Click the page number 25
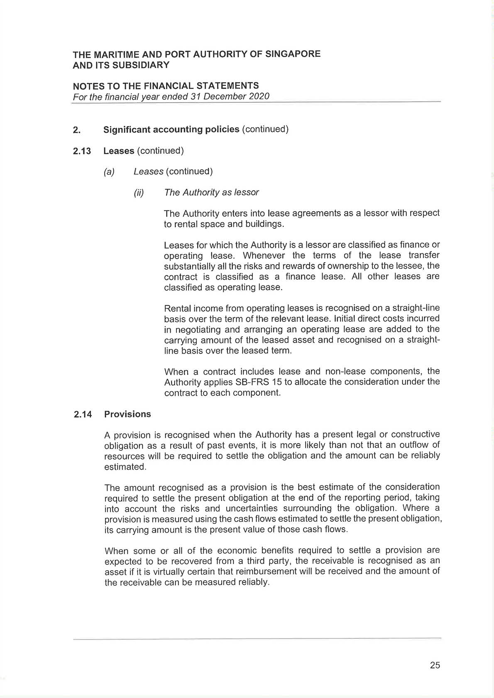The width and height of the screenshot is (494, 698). (x=435, y=665)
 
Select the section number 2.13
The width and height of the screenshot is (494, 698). (x=82, y=151)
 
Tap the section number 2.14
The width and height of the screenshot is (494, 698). (x=83, y=414)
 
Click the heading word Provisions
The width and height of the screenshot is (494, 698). (x=127, y=414)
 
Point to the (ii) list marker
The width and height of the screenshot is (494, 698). (x=139, y=193)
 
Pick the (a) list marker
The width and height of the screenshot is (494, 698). (x=109, y=172)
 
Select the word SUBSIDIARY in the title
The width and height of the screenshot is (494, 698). (x=141, y=65)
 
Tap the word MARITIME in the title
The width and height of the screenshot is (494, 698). (x=116, y=54)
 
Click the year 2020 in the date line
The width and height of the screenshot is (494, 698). (x=259, y=96)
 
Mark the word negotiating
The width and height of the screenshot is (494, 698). (x=196, y=330)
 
